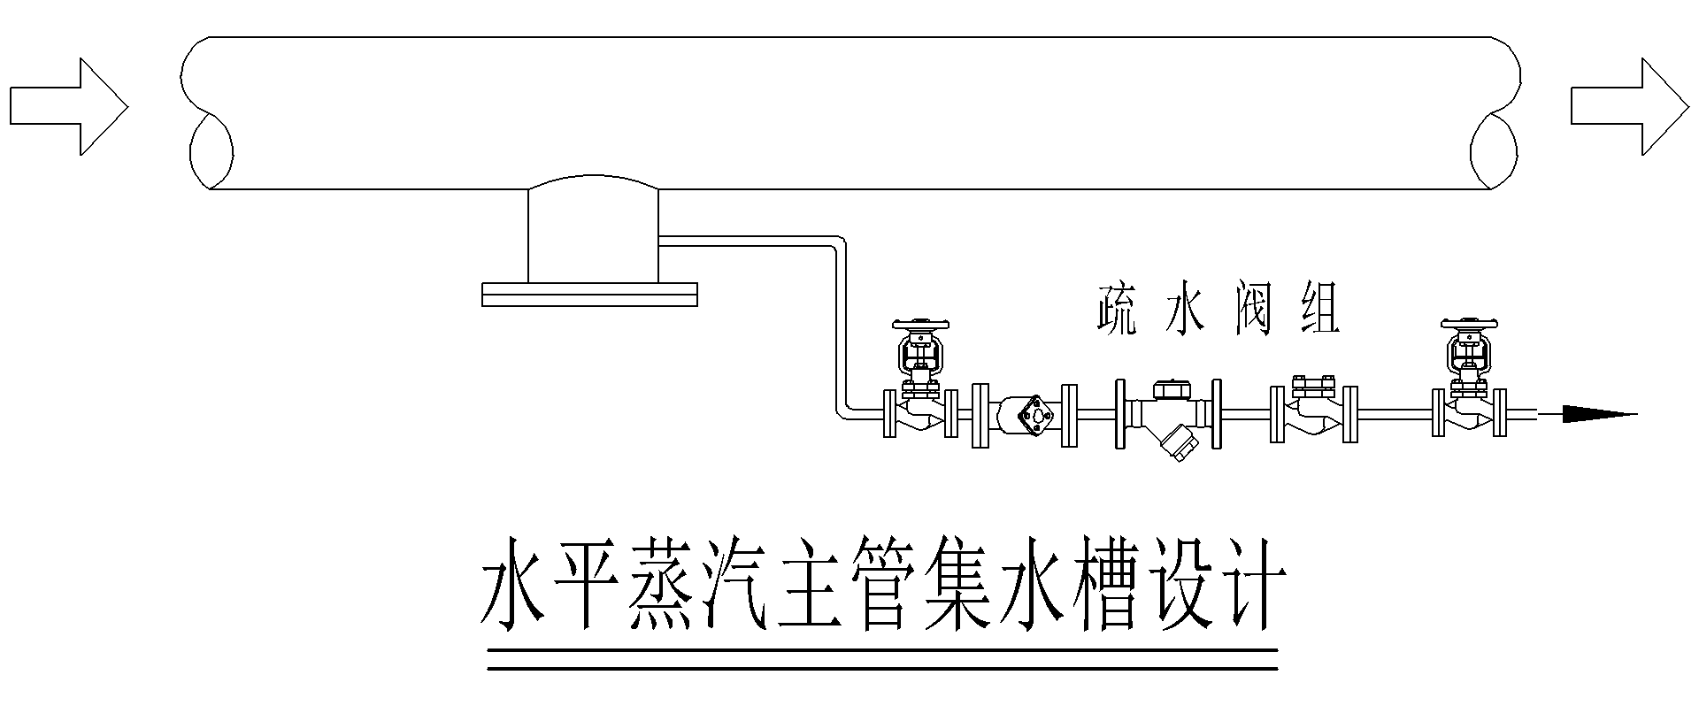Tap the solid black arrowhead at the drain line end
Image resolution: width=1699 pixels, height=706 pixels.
click(x=1598, y=413)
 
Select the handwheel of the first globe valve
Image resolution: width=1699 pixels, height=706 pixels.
click(x=921, y=325)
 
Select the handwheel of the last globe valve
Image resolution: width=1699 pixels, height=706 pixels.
click(x=1468, y=325)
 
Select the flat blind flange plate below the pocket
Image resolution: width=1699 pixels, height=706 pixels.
click(x=589, y=295)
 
